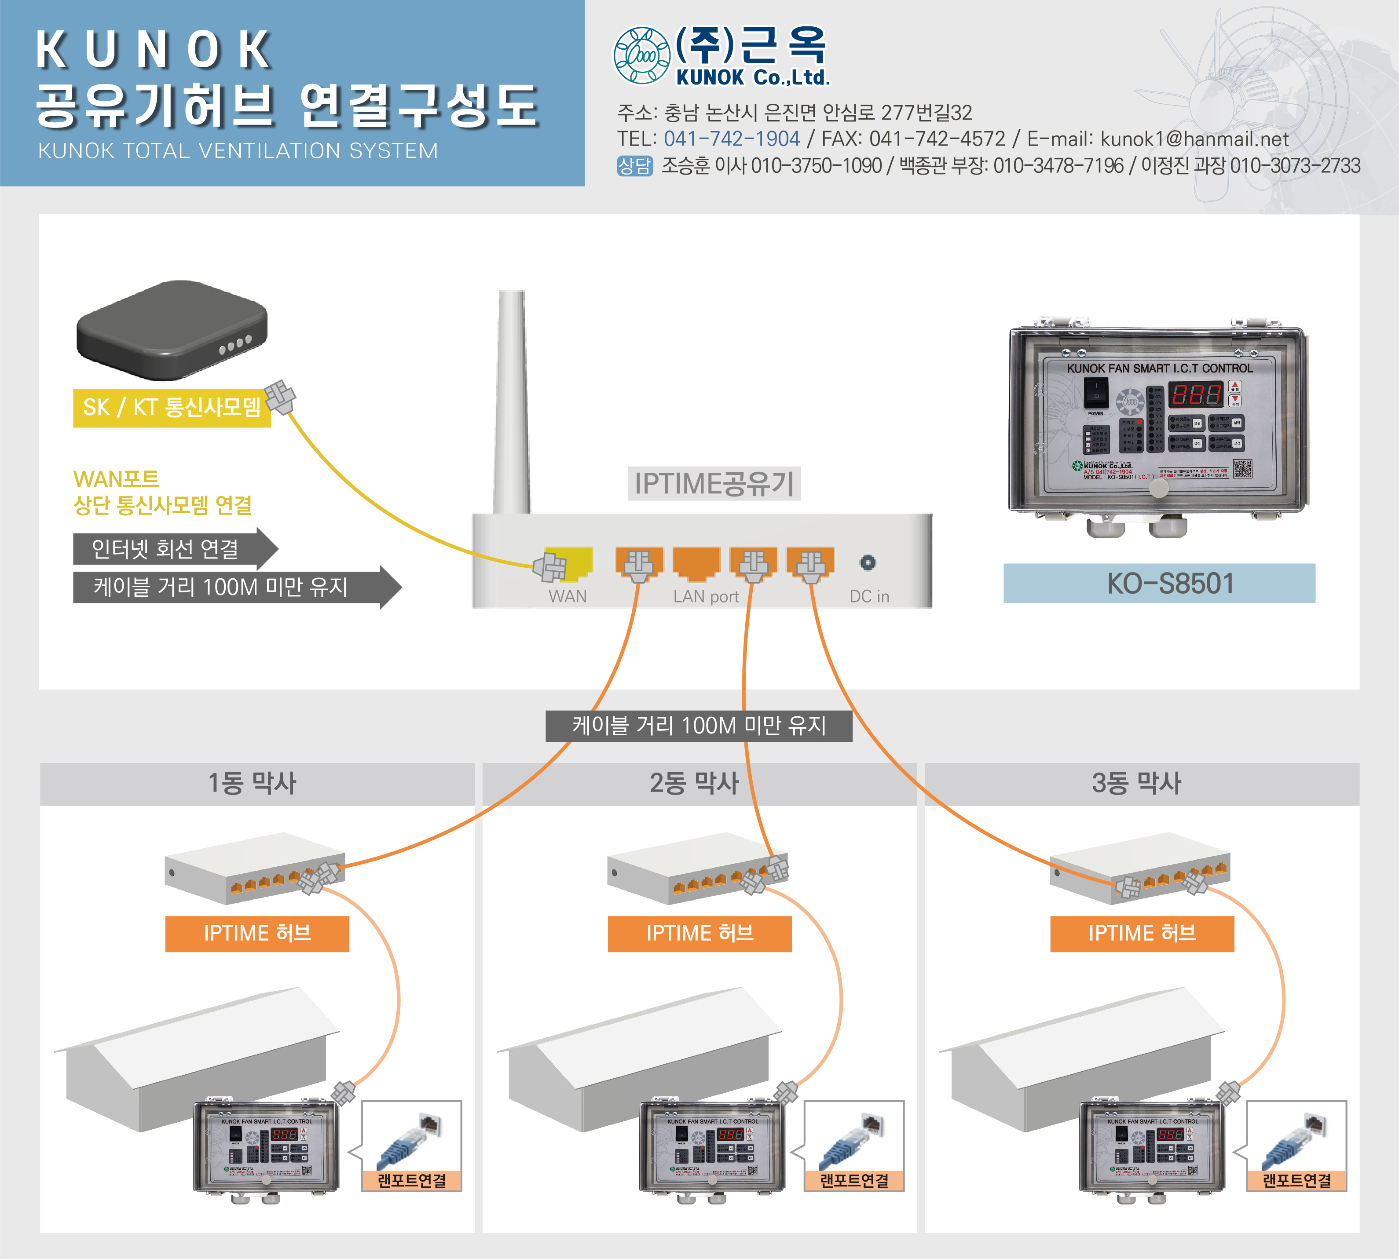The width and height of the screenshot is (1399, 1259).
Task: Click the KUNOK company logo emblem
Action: tap(641, 55)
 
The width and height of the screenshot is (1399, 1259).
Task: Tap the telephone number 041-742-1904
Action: tap(731, 139)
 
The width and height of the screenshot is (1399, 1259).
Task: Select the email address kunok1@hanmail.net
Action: tap(1194, 139)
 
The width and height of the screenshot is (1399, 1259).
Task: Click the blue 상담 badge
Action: tap(634, 166)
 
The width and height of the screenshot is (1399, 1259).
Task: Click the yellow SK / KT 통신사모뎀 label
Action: tap(172, 408)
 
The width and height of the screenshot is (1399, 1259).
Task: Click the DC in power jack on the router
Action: tap(868, 562)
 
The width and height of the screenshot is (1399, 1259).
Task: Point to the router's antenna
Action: tap(512, 401)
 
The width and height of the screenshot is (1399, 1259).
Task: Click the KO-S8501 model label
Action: tap(1159, 583)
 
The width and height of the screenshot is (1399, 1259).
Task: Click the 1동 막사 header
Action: tap(253, 783)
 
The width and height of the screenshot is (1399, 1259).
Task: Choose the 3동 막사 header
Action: tap(1137, 783)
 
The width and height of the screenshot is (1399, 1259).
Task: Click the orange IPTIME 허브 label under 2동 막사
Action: tap(699, 933)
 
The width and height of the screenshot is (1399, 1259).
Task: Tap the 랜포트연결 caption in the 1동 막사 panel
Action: tap(412, 1180)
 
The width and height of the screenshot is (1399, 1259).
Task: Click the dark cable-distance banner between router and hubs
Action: tap(699, 726)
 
